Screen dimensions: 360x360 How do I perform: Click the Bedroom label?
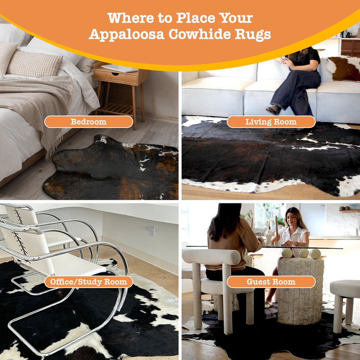point(89,122)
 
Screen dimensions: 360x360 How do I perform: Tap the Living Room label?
point(271,122)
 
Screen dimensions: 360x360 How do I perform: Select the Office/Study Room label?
point(89,282)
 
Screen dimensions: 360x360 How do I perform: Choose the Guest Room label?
point(271,282)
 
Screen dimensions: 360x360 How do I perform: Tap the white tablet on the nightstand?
point(119,68)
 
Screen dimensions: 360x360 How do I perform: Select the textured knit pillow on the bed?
point(35,64)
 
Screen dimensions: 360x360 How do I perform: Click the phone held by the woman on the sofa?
point(283,58)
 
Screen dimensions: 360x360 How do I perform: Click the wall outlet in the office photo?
point(152,231)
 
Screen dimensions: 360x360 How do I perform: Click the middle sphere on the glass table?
point(304,253)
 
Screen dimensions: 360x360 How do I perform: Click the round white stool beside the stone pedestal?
point(345,292)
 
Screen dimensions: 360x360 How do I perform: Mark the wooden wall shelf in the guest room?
point(349,211)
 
